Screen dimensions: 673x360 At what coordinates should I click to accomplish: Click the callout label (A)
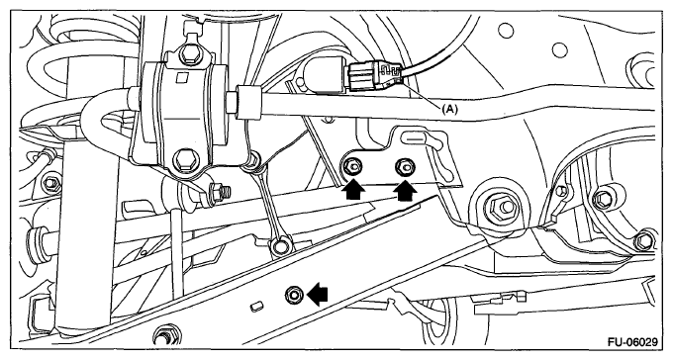(x=450, y=110)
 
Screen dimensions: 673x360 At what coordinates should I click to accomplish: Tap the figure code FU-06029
(x=632, y=342)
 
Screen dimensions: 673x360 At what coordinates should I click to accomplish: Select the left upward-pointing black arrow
(x=353, y=191)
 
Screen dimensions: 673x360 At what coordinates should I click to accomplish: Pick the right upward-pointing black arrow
(x=405, y=191)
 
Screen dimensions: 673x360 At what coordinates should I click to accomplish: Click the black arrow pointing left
(x=317, y=295)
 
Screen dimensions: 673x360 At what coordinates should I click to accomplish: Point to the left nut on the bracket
(x=353, y=166)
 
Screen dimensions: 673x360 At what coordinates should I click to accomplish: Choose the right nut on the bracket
(x=405, y=165)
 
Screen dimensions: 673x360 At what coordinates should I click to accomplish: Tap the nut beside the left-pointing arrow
(x=294, y=295)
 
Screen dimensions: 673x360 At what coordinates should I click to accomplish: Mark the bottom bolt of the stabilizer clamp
(x=184, y=158)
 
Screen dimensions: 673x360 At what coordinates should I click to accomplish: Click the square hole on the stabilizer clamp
(x=181, y=77)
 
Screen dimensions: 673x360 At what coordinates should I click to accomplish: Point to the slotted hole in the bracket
(x=413, y=138)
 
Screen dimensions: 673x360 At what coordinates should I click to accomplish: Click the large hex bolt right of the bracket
(x=500, y=208)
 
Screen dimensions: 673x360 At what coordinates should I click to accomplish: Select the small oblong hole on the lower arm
(x=256, y=307)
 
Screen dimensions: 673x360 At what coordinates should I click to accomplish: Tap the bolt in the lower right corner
(x=644, y=241)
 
